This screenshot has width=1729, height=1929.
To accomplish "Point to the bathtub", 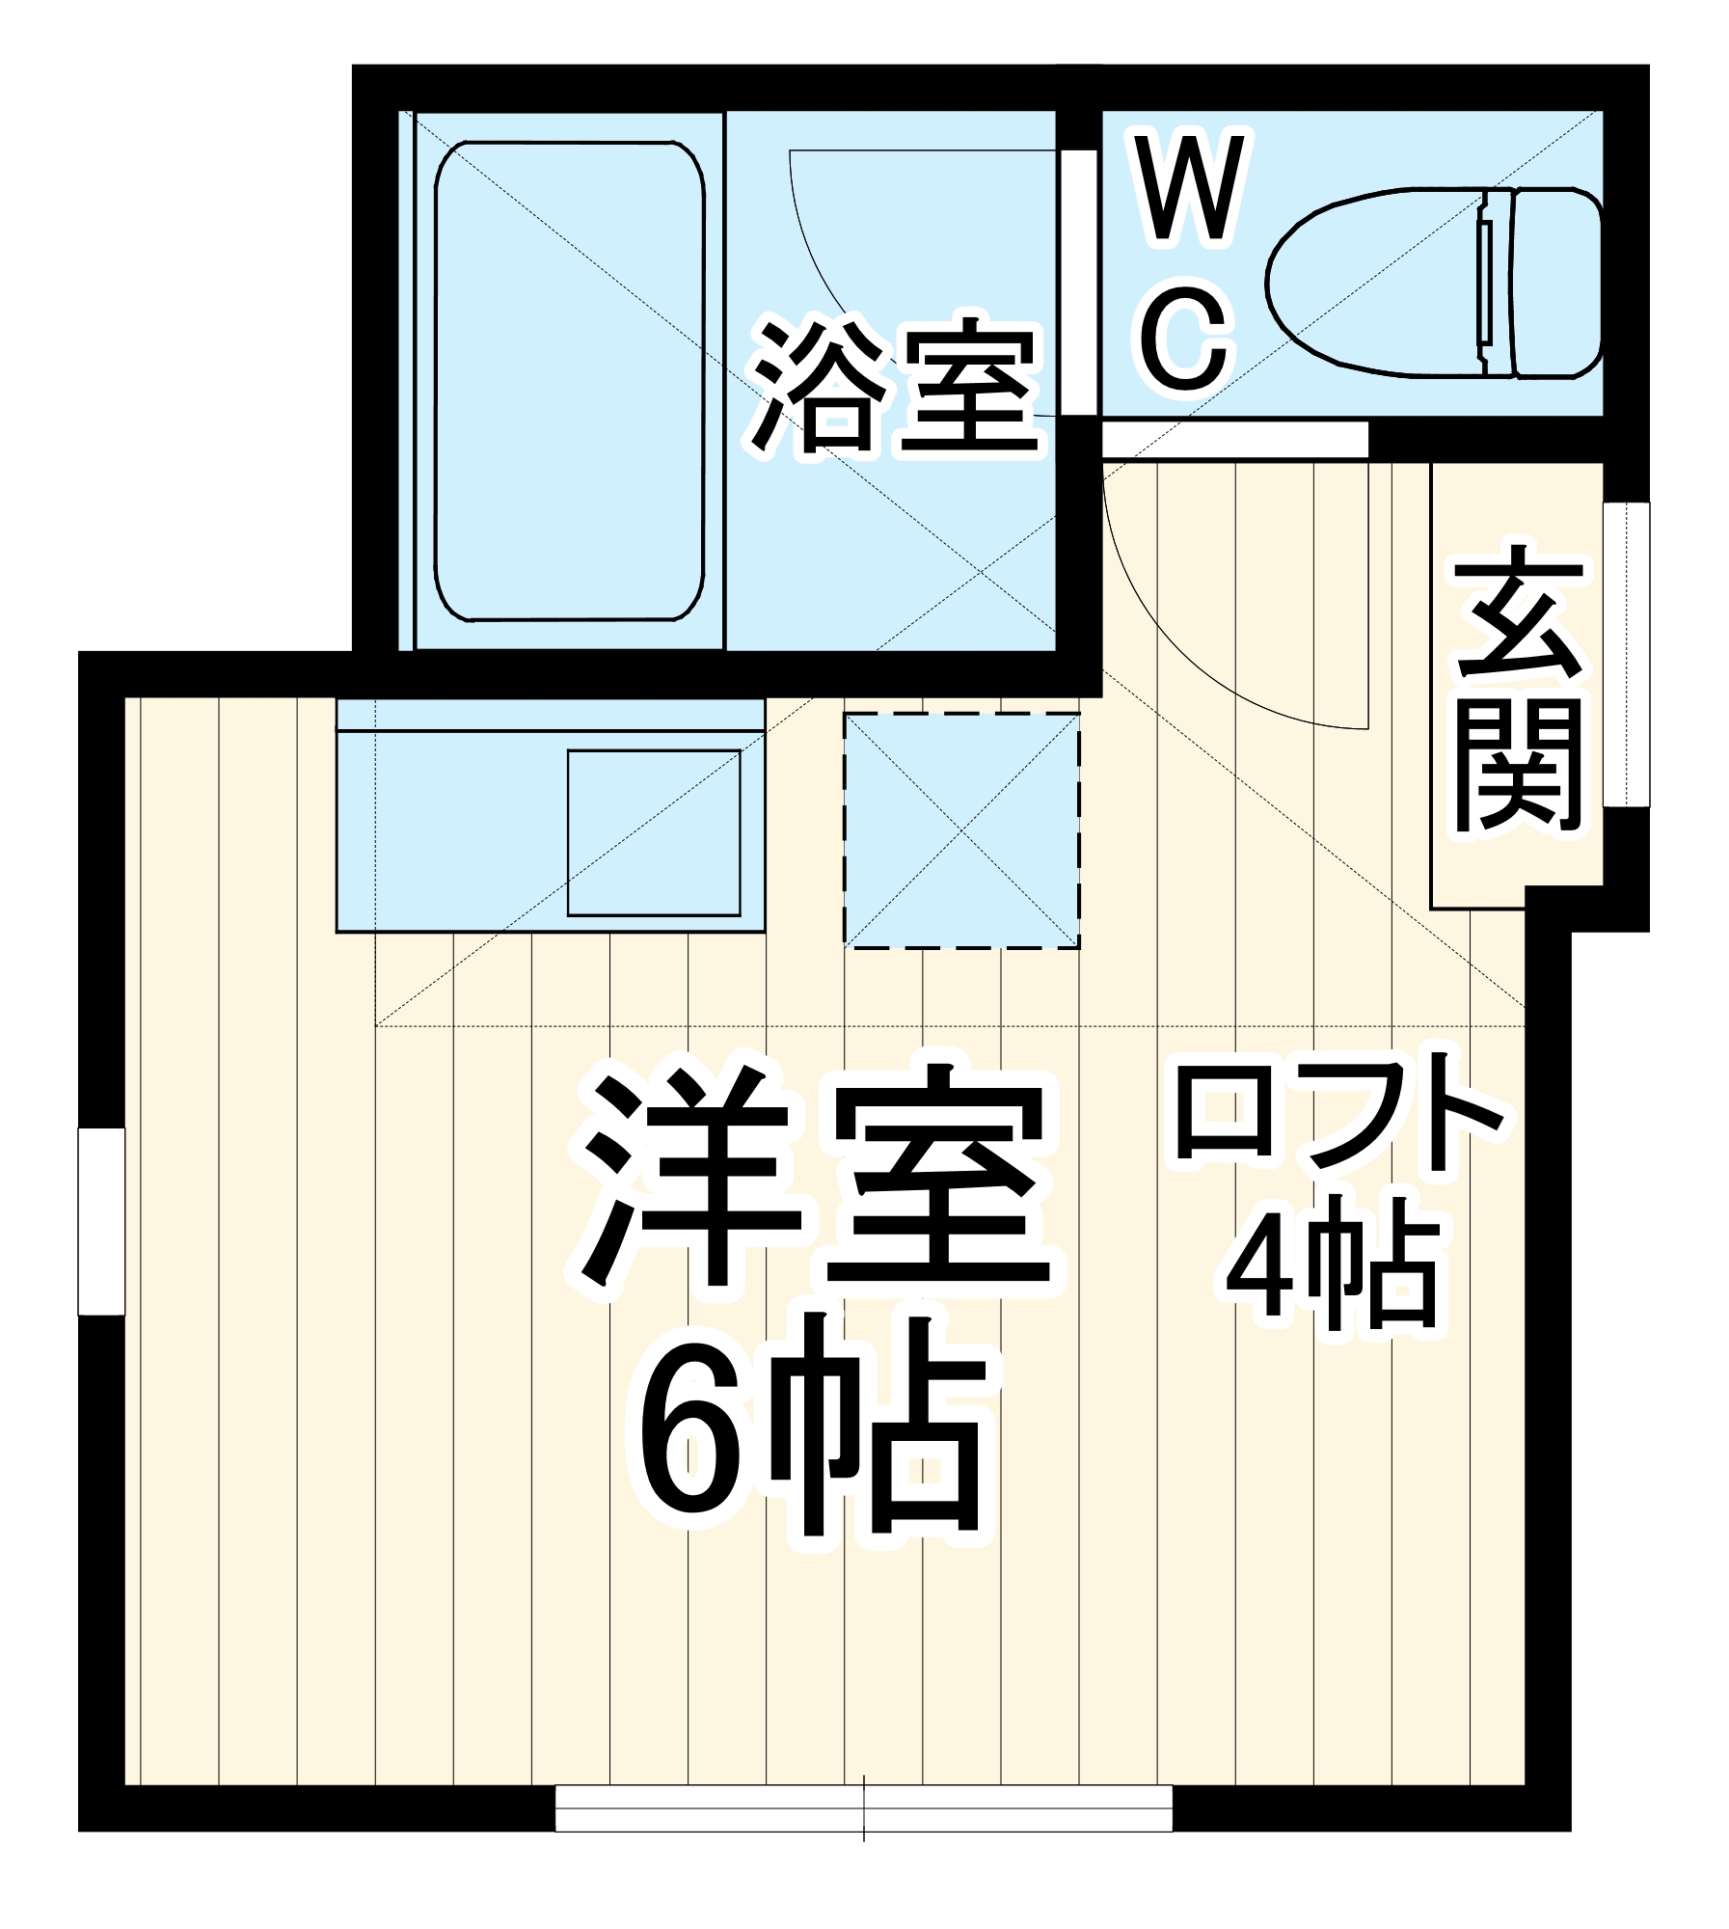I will [569, 381].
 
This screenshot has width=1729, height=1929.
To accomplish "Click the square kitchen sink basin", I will [654, 832].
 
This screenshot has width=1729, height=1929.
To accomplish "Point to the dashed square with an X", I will [961, 830].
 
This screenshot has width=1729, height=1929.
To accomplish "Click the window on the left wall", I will [101, 1220].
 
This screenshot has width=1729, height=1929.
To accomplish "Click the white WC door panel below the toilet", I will [1234, 440].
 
